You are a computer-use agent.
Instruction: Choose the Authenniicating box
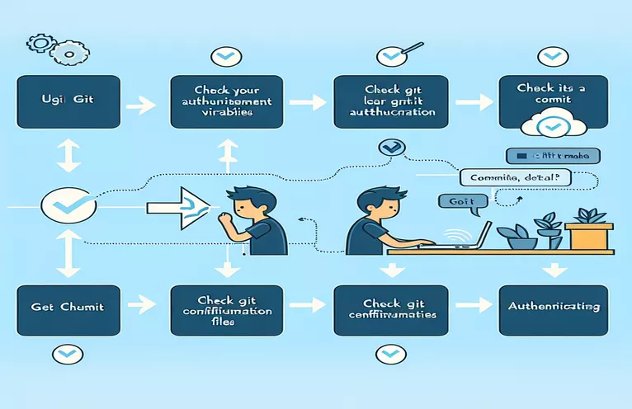[x=554, y=308]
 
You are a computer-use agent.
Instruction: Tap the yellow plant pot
[x=590, y=235]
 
